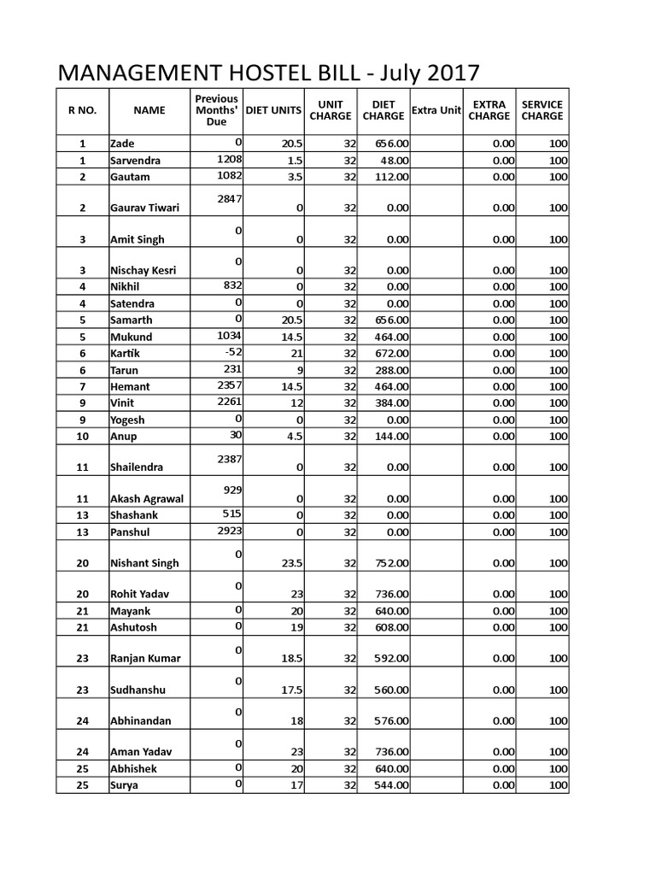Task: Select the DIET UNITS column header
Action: point(273,110)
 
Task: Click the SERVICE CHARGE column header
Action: point(542,110)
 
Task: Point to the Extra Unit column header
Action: point(436,110)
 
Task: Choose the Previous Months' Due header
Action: point(217,110)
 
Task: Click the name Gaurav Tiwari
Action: point(144,208)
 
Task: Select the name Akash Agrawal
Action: point(146,499)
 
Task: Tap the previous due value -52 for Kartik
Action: point(232,351)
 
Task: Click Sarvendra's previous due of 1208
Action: point(230,158)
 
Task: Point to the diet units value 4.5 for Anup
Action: point(293,437)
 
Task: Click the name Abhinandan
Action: point(140,721)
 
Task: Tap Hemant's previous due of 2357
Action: point(230,385)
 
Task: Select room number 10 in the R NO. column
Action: point(82,437)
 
